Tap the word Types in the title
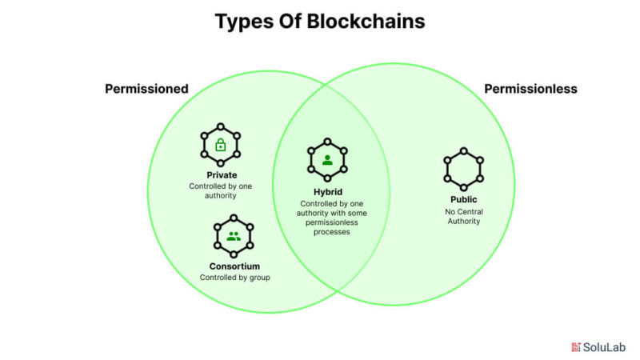(244, 22)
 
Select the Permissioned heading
(146, 89)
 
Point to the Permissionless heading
(530, 89)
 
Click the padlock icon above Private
(220, 146)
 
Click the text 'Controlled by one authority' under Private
(220, 190)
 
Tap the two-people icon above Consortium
(234, 236)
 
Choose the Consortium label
(234, 266)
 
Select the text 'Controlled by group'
(235, 278)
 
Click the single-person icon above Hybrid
(327, 160)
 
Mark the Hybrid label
(327, 192)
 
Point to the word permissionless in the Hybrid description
(327, 222)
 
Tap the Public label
(463, 200)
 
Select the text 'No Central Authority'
(464, 216)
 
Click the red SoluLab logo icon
(575, 347)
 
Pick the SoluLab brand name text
(605, 347)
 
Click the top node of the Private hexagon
(220, 126)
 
